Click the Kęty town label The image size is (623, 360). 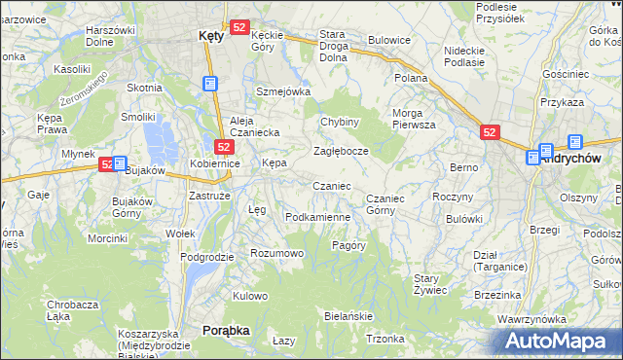point(210,35)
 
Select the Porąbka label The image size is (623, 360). point(226,331)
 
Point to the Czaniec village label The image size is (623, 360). point(331,186)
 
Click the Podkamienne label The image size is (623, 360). point(317,217)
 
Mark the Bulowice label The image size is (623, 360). point(389,41)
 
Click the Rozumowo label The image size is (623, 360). point(277,253)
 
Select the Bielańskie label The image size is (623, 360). point(348,317)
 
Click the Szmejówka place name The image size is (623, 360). point(282,91)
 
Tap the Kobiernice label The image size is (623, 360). point(214,163)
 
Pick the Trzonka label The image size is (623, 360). point(385,339)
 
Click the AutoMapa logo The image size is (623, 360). point(556,341)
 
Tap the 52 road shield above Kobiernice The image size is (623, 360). point(224,147)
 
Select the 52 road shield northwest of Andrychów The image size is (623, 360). point(491,131)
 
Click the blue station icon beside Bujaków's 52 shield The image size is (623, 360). point(120,164)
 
